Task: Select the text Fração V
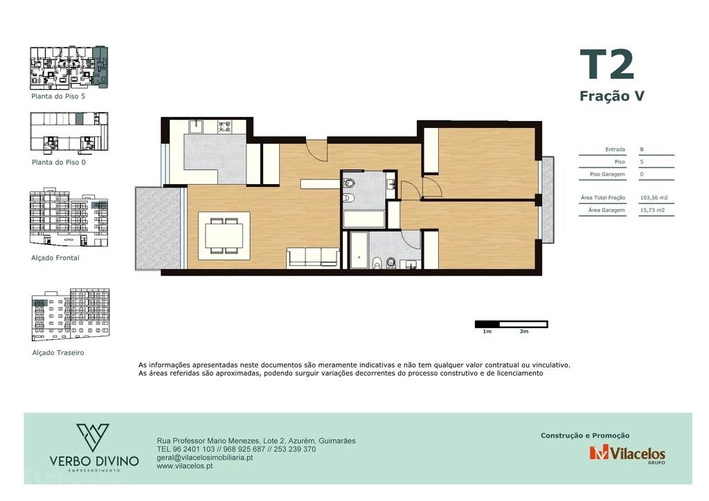pos(612,96)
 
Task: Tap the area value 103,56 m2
pos(654,197)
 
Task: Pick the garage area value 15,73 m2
pos(652,210)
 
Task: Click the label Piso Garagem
pos(607,174)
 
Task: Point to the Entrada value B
pos(642,149)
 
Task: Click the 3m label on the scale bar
pos(524,331)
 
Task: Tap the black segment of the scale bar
pos(487,324)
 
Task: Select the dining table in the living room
pos(224,235)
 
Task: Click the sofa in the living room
pos(313,257)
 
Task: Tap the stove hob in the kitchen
pos(225,126)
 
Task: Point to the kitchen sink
pos(196,126)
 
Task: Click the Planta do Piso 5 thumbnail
pos(69,67)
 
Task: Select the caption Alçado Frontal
pos(55,258)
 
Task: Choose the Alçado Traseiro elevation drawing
pos(71,314)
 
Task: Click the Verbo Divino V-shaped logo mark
pos(93,437)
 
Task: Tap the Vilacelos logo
pos(627,453)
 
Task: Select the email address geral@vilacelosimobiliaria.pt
pos(205,457)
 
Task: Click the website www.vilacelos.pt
pos(184,466)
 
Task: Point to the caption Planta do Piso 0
pos(59,162)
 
